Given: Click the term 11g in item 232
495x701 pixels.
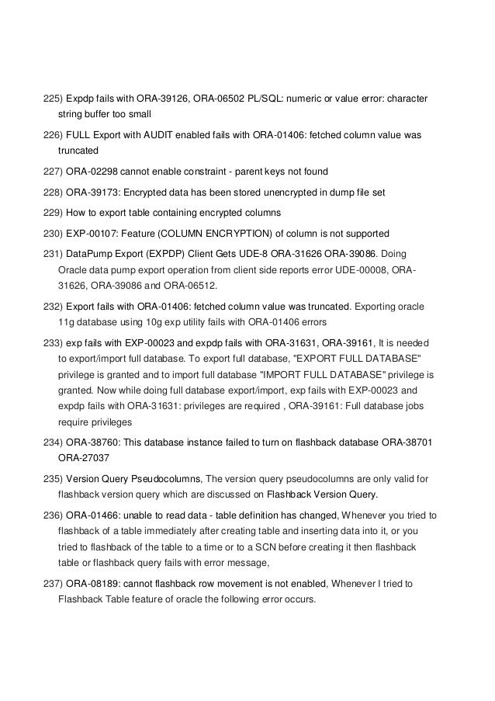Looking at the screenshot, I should click(67, 321).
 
